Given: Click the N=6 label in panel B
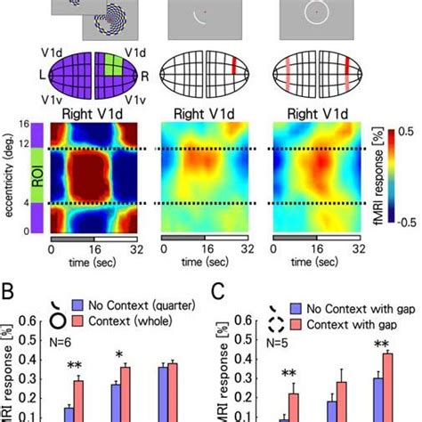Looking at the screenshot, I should click(61, 337).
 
